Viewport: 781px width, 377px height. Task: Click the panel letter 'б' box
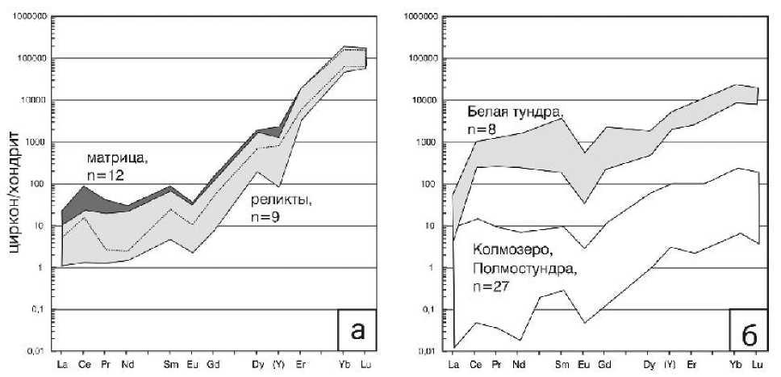[747, 330]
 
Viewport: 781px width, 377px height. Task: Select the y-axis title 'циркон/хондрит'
[17, 194]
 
